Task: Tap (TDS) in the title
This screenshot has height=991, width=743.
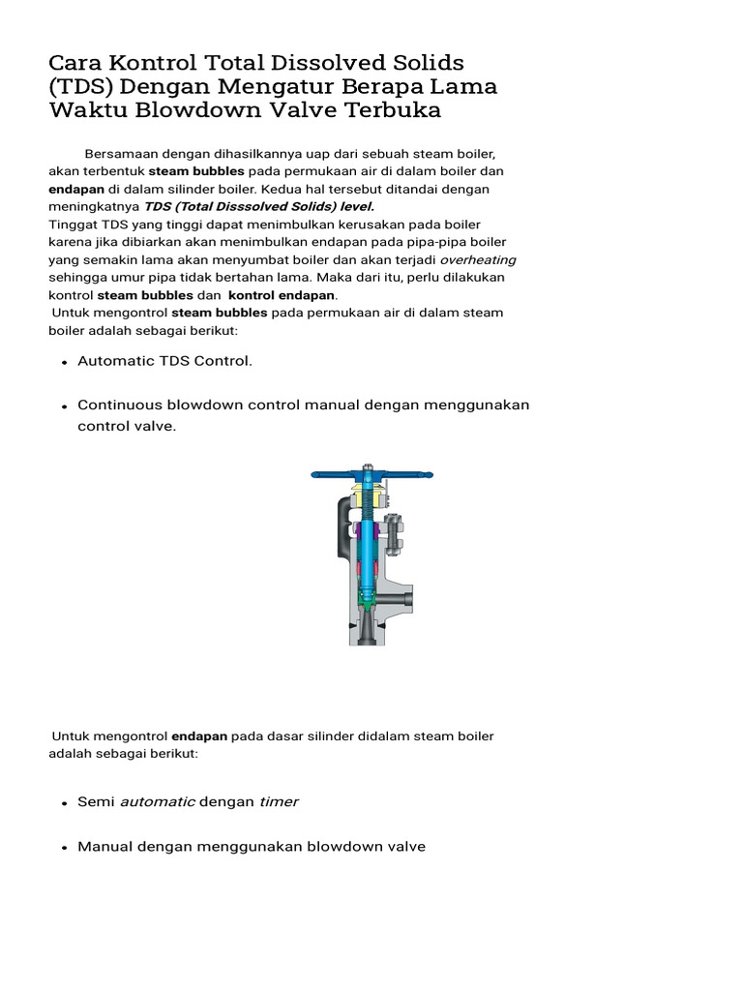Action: (81, 87)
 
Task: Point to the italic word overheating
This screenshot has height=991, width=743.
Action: (478, 259)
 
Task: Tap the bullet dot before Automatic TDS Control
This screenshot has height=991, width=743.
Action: (64, 362)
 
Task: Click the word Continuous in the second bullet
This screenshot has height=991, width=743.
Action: (121, 405)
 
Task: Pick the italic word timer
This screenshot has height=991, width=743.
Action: (280, 801)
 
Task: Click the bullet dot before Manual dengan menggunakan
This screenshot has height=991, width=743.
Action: (64, 848)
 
